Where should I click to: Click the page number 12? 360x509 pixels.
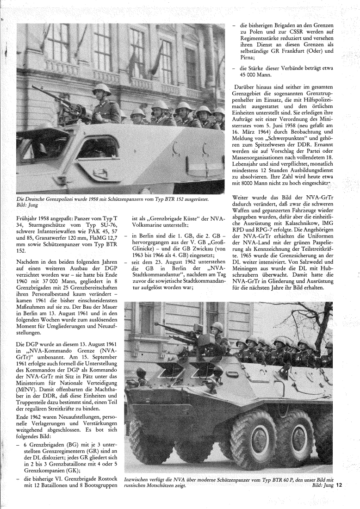[x=339, y=485]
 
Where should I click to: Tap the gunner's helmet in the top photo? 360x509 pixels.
[x=101, y=88]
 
